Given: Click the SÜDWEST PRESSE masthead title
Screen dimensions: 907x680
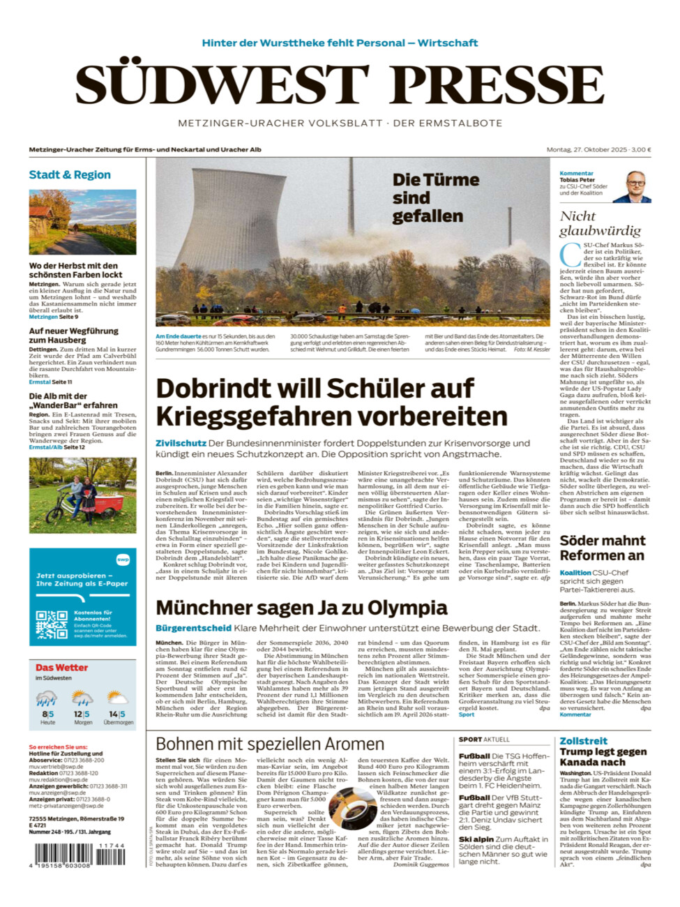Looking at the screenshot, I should [340, 85].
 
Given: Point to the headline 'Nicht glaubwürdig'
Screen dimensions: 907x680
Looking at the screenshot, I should [600, 223].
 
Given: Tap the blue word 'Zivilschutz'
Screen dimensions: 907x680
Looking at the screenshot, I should [181, 443].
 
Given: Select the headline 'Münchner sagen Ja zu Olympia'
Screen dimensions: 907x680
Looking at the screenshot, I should [301, 608].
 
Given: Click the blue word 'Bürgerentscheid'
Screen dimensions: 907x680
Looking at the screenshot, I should [193, 628].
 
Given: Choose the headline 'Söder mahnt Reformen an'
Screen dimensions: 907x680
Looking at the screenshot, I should [602, 548].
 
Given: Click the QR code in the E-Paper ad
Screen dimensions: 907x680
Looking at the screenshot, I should [52, 624].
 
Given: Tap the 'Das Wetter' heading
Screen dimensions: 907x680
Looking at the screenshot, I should [61, 668].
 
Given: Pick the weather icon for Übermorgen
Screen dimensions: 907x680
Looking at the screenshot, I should [117, 698].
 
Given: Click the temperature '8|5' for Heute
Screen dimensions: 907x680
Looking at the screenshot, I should [47, 714].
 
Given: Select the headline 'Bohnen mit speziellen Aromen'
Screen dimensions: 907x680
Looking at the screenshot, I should [269, 744].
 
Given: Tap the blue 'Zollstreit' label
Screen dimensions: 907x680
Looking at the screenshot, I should [583, 741].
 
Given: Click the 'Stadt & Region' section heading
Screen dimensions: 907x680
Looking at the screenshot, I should [70, 174].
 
